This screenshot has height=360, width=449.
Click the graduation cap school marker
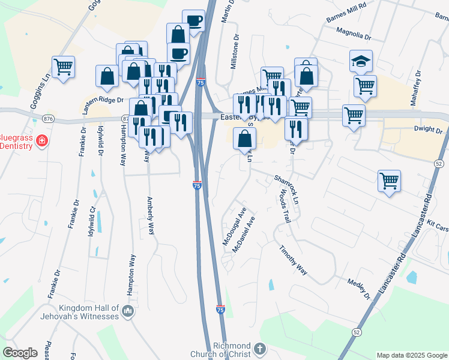point(361,61)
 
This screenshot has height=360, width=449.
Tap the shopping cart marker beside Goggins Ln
point(63,67)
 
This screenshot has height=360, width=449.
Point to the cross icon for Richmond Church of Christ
point(259,349)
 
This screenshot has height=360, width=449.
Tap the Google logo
point(20,352)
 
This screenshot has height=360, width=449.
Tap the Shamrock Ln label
point(286,191)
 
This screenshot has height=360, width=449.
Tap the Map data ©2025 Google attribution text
point(412,355)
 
